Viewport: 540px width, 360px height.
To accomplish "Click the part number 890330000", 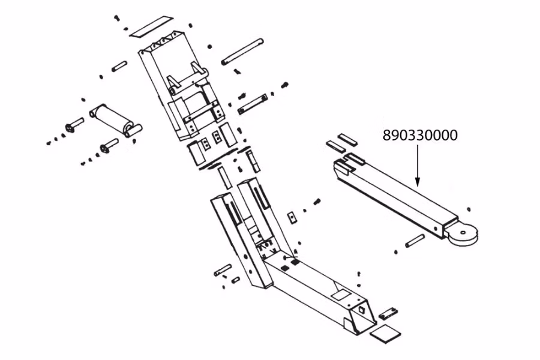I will [420, 136].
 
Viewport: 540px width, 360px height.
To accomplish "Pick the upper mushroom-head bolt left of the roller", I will [75, 125].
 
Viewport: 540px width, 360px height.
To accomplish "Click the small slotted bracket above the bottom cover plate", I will [388, 313].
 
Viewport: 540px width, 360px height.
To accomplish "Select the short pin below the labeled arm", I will [415, 241].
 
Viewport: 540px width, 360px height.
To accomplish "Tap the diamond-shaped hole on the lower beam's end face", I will [362, 310].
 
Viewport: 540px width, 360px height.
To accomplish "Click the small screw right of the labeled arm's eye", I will [468, 208].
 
